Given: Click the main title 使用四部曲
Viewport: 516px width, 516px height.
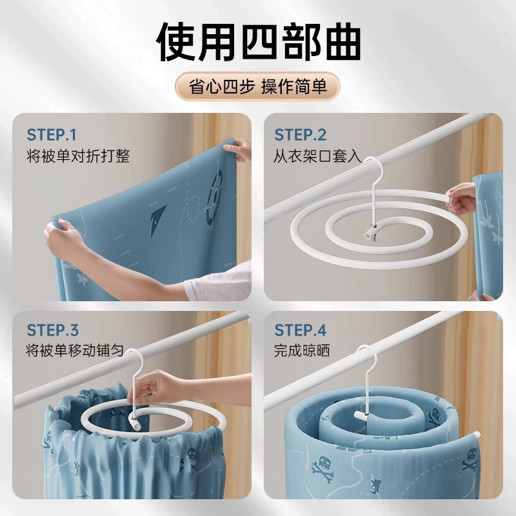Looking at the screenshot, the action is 259,41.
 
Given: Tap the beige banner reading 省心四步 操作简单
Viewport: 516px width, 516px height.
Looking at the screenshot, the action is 257,86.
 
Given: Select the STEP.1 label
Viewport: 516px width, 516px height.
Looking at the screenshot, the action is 52,135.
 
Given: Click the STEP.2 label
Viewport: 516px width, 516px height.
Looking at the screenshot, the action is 300,135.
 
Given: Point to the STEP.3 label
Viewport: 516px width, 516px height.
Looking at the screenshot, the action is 53,330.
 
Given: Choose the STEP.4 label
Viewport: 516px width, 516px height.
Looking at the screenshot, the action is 300,330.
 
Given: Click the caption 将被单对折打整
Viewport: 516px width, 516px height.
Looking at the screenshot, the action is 78,155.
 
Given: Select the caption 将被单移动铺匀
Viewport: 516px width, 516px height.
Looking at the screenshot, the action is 75,350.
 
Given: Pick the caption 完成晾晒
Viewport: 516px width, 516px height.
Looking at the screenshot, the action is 302,350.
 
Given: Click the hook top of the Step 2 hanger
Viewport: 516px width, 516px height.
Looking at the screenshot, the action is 374,164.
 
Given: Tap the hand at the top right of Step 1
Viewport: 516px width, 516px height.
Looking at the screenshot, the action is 238,150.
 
